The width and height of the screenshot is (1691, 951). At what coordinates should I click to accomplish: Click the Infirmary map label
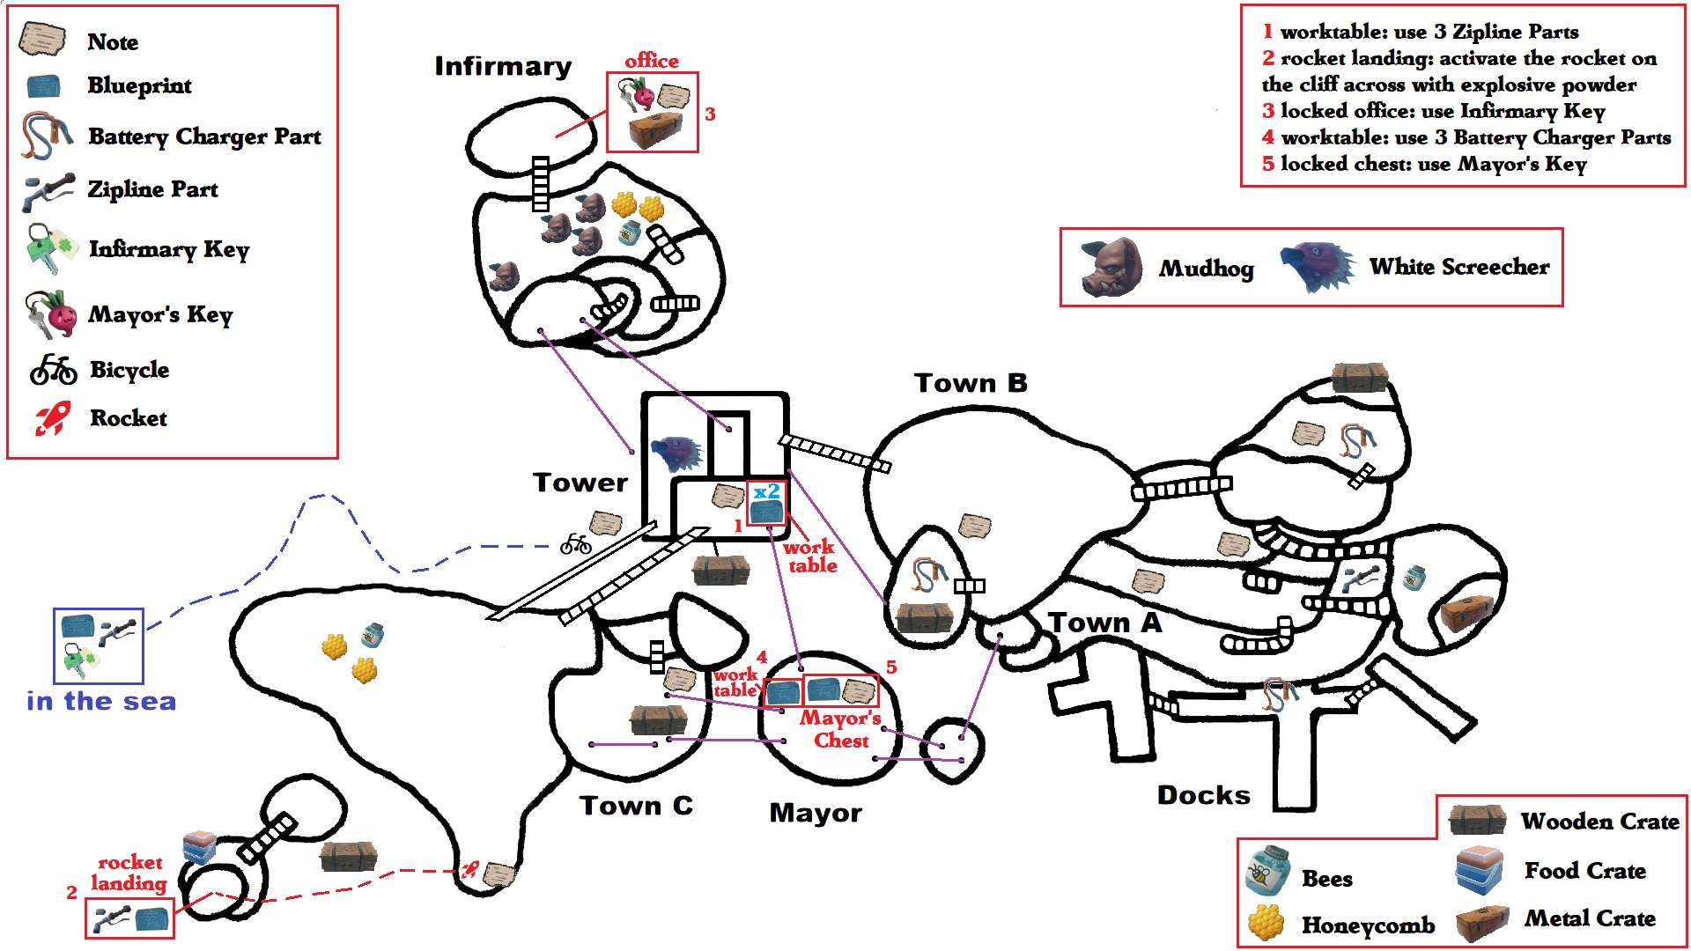[x=503, y=67]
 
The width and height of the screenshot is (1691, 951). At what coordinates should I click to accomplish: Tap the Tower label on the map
[x=580, y=483]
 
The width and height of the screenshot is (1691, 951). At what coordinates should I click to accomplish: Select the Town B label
[x=971, y=383]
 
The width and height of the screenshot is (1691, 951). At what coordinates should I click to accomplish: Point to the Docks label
[x=1203, y=795]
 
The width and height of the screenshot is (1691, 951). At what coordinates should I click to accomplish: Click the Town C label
[x=636, y=806]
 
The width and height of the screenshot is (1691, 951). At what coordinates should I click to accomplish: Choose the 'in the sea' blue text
[x=101, y=702]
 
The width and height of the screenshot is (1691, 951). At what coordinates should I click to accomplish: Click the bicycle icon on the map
[x=576, y=543]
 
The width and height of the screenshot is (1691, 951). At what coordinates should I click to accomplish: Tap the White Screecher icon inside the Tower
[x=677, y=453]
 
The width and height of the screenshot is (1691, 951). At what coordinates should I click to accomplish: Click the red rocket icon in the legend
[x=52, y=418]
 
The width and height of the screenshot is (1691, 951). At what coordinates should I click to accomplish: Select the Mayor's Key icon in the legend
[x=51, y=314]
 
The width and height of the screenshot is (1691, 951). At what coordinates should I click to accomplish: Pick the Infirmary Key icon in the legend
[x=51, y=249]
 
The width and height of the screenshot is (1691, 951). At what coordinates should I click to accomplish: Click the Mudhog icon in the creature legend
[x=1111, y=267]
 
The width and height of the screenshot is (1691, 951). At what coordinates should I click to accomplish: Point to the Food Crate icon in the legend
[x=1480, y=870]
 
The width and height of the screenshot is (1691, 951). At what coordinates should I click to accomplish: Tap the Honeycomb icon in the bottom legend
[x=1267, y=924]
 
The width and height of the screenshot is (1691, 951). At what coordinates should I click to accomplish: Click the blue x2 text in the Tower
[x=766, y=491]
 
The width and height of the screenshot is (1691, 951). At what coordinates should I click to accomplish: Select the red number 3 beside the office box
[x=710, y=114]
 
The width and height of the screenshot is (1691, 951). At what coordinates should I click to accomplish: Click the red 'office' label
[x=652, y=61]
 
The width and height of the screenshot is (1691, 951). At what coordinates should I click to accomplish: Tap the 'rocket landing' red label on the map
[x=129, y=873]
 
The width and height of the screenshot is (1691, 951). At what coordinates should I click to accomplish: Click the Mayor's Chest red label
[x=840, y=729]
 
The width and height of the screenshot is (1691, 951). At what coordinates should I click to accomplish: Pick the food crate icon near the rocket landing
[x=199, y=847]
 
